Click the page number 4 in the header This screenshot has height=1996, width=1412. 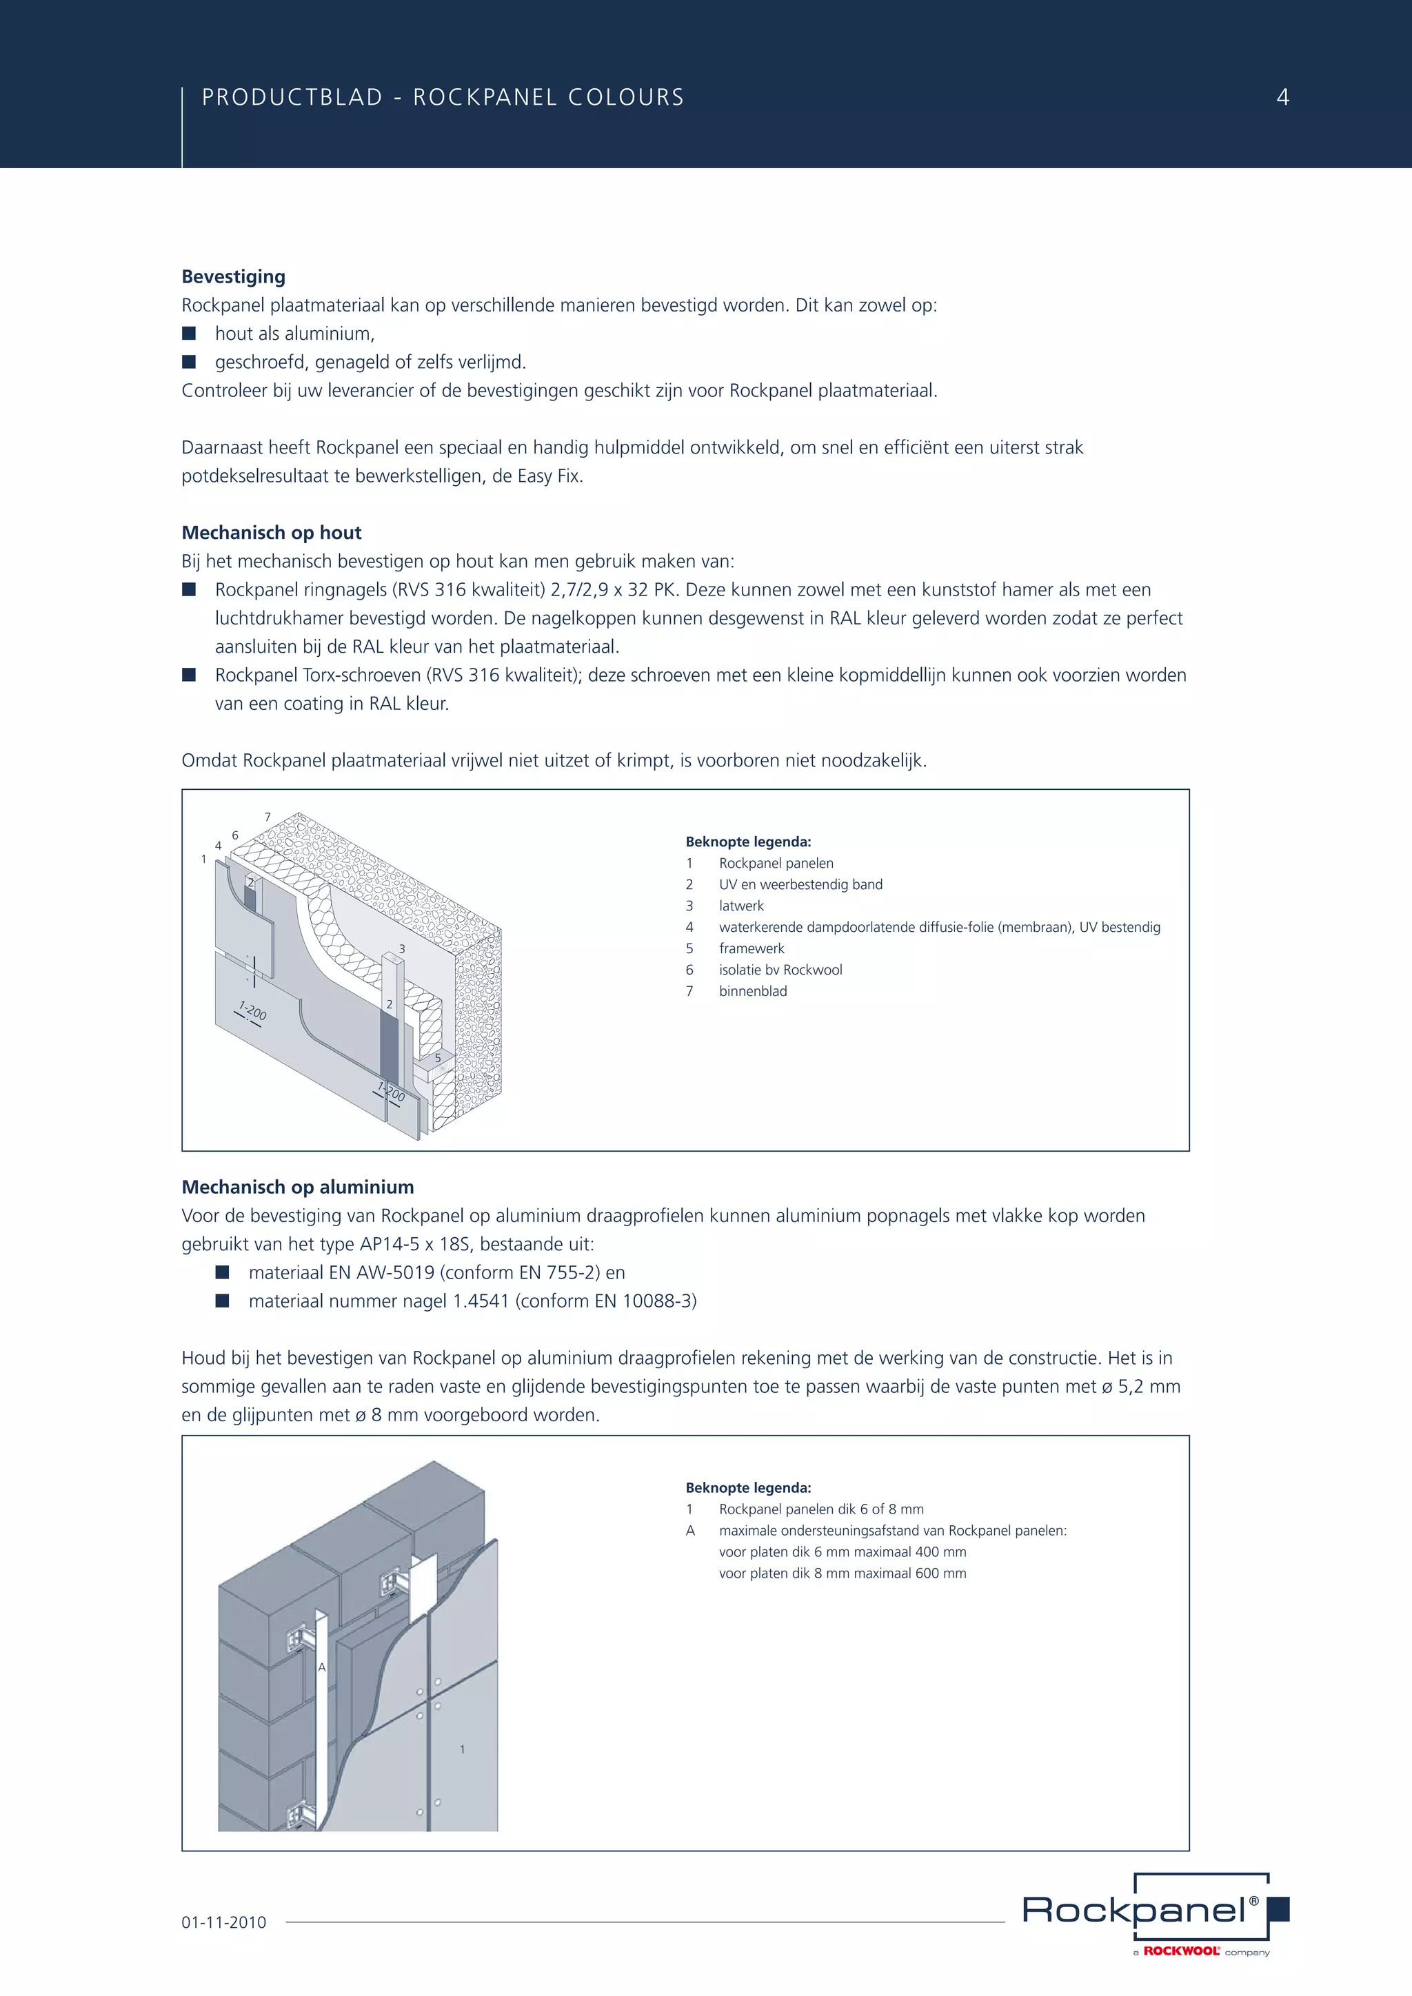pyautogui.click(x=1282, y=97)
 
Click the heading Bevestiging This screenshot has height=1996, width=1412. pyautogui.click(x=233, y=276)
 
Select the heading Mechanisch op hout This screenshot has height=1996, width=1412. pyautogui.click(x=271, y=533)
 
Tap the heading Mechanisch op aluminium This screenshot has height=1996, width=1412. pyautogui.click(x=297, y=1187)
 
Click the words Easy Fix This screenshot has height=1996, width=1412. pyautogui.click(x=549, y=476)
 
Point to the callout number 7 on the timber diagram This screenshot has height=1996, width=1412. pyautogui.click(x=268, y=817)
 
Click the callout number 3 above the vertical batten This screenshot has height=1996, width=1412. pyautogui.click(x=402, y=948)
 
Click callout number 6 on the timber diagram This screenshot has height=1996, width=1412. pyautogui.click(x=234, y=835)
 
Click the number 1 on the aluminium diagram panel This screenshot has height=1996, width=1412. pyautogui.click(x=463, y=1749)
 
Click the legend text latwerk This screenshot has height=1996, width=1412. pyautogui.click(x=740, y=906)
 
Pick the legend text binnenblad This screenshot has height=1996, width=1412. pyautogui.click(x=752, y=991)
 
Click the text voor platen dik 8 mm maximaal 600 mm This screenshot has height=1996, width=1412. pyautogui.click(x=842, y=1573)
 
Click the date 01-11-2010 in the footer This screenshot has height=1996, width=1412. pyautogui.click(x=223, y=1922)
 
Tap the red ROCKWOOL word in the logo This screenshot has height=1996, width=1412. pyautogui.click(x=1181, y=1952)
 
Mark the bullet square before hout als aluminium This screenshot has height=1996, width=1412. pyautogui.click(x=189, y=333)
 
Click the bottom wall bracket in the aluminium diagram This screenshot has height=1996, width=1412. pyautogui.click(x=301, y=1815)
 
